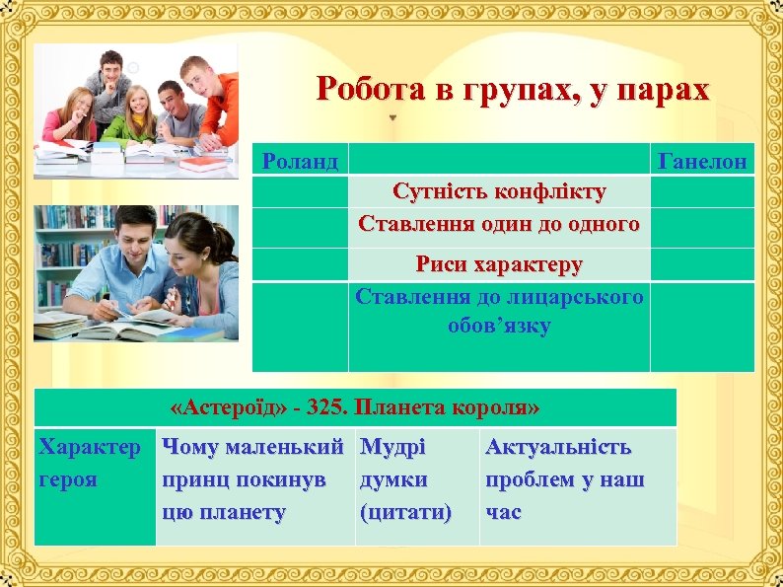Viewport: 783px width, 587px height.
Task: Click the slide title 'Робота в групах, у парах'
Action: pos(513,90)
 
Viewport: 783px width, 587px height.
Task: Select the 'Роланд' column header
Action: pos(301,160)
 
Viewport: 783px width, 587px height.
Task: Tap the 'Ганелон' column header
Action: pos(702,160)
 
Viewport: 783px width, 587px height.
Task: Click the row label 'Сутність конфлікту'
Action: pos(499,189)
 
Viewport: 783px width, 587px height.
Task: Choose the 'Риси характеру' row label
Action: pos(499,264)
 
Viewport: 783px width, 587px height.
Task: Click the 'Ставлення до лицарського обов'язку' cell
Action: pos(499,311)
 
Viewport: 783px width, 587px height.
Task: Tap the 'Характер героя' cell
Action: pos(89,464)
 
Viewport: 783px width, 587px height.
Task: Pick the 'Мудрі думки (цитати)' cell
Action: pos(406,479)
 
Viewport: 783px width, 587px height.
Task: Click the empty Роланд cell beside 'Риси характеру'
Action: pos(301,264)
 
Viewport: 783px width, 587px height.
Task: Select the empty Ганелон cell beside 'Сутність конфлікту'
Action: pos(702,189)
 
